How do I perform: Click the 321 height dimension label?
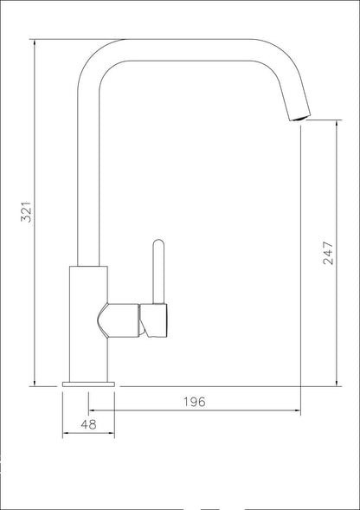click(26, 212)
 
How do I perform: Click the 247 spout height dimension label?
click(328, 253)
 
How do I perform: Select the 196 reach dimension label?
click(195, 402)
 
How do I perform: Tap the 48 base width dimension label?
click(88, 424)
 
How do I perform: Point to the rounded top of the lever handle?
click(158, 242)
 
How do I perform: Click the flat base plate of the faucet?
click(88, 384)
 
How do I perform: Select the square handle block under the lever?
click(153, 320)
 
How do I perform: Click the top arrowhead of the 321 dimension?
click(35, 42)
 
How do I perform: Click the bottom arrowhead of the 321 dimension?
click(35, 383)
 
